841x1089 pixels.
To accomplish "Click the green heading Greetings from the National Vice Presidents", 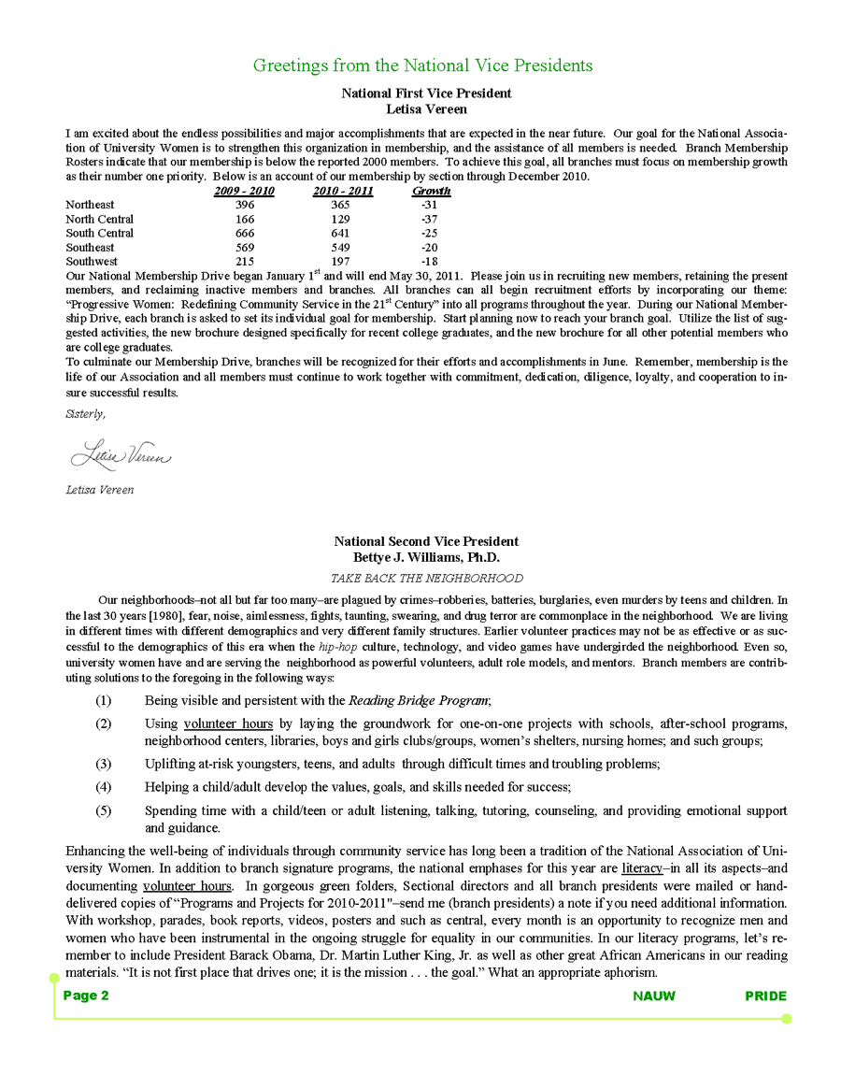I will coord(422,65).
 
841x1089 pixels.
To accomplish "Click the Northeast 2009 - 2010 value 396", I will coord(245,205).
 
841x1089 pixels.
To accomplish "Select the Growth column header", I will coord(431,191).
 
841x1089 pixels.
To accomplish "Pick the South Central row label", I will coord(99,233).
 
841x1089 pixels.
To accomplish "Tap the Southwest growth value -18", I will coord(430,262).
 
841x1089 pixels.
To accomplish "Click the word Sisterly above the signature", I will coord(85,413).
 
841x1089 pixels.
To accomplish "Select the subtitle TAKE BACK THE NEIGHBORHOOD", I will coord(427,579).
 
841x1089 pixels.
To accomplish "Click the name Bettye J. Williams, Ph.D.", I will coord(426,557).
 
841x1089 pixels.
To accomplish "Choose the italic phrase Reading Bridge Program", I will coord(419,700).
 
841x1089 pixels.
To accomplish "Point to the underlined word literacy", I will coord(641,868).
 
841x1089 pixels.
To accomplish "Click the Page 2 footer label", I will coord(86,996).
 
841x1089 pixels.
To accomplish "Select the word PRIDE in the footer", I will coord(765,996).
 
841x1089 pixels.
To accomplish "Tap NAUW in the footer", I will coord(654,996).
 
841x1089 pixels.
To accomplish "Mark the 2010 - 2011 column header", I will coord(343,191).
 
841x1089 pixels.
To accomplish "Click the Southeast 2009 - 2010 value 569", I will coord(245,248).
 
